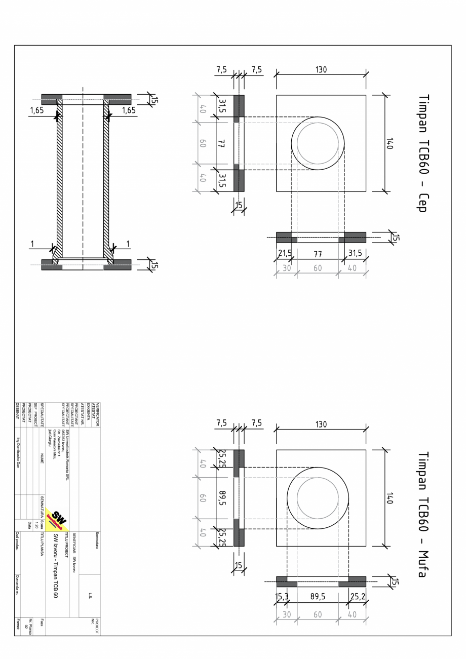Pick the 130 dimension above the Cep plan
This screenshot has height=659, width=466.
[321, 70]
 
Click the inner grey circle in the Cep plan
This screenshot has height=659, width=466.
[318, 143]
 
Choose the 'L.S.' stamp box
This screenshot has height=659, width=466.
[89, 596]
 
